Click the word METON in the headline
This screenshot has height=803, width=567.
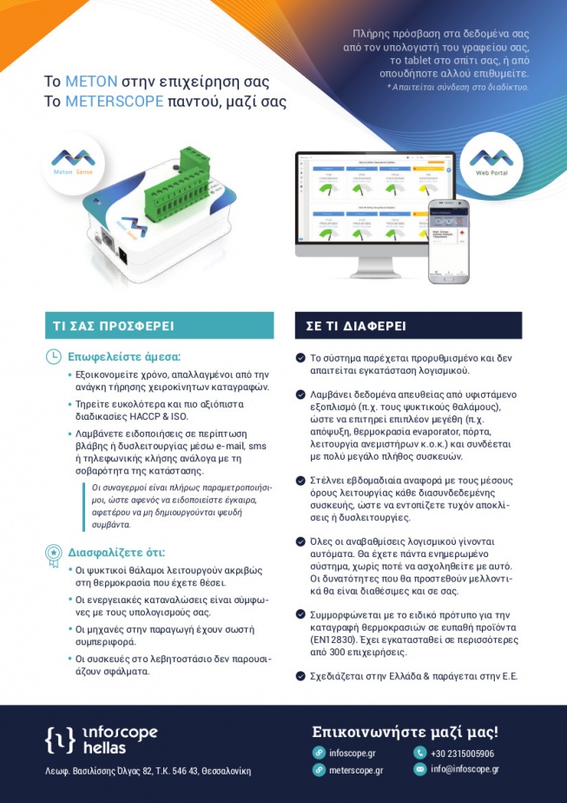click(x=89, y=82)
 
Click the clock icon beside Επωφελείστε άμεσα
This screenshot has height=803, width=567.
click(x=54, y=356)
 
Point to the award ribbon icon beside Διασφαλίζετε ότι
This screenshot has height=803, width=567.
click(x=54, y=552)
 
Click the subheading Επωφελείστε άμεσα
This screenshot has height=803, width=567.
click(x=124, y=356)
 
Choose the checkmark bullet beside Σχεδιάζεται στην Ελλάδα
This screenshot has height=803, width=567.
click(x=300, y=675)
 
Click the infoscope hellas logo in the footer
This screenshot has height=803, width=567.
click(x=102, y=740)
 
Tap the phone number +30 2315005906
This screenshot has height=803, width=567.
click(x=463, y=753)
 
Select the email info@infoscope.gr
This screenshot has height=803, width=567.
click(x=465, y=769)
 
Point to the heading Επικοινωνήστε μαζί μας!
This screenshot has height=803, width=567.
click(x=405, y=731)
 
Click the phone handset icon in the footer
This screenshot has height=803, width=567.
click(x=420, y=753)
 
